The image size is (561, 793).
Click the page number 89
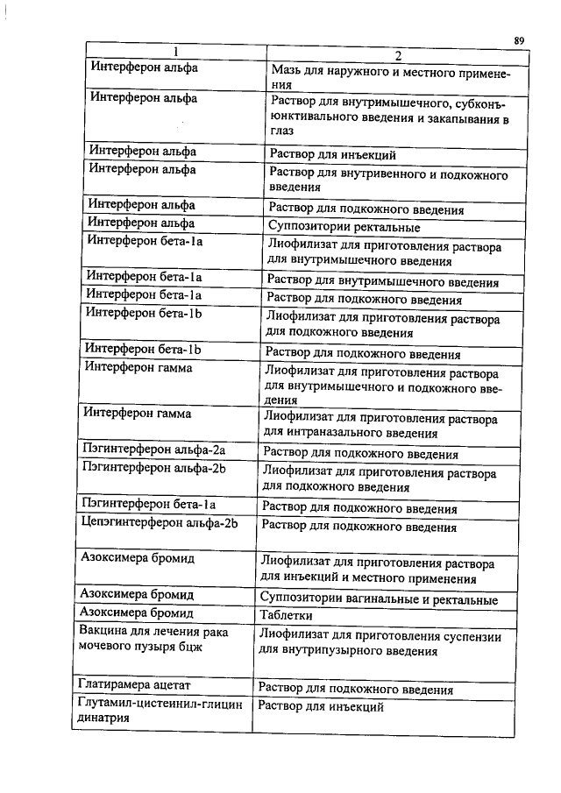(x=520, y=40)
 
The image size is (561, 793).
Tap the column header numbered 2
(x=398, y=55)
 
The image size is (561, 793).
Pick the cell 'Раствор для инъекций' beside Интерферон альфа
(x=332, y=155)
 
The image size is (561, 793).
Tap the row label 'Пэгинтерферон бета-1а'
(x=148, y=505)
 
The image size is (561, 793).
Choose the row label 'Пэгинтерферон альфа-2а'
(x=154, y=450)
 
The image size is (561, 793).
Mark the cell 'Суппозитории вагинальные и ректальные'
(x=379, y=599)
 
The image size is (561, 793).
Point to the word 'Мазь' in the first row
(x=286, y=69)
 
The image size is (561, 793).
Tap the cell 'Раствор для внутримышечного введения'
(x=382, y=282)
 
